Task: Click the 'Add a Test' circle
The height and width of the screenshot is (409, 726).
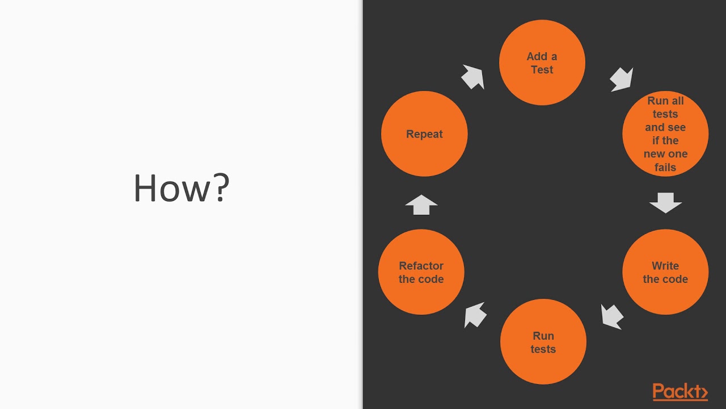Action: (x=542, y=62)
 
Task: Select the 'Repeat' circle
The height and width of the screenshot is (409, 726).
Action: (x=424, y=134)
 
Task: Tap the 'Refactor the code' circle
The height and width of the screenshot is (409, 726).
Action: (x=421, y=272)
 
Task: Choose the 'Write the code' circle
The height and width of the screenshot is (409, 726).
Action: (x=665, y=272)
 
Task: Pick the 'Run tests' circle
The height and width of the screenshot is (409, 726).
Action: (x=543, y=342)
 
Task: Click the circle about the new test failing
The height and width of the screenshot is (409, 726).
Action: (x=665, y=134)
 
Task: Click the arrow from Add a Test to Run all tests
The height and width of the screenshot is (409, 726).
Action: (x=621, y=79)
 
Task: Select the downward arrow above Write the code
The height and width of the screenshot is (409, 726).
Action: (x=665, y=203)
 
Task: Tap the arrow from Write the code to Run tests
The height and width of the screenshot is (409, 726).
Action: (x=612, y=316)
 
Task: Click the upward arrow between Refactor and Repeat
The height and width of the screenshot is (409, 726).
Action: (x=421, y=204)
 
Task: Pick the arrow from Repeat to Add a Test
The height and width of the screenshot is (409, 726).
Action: (x=472, y=77)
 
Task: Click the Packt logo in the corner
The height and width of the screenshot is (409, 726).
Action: (x=680, y=392)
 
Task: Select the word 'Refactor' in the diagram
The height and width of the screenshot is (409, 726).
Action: (x=421, y=266)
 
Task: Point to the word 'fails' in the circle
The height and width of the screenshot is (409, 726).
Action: (x=665, y=168)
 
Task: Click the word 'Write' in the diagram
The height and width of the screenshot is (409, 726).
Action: (x=665, y=266)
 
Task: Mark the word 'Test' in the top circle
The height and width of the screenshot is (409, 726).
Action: (x=542, y=70)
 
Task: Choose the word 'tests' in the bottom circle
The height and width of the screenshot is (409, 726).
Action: (x=543, y=349)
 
